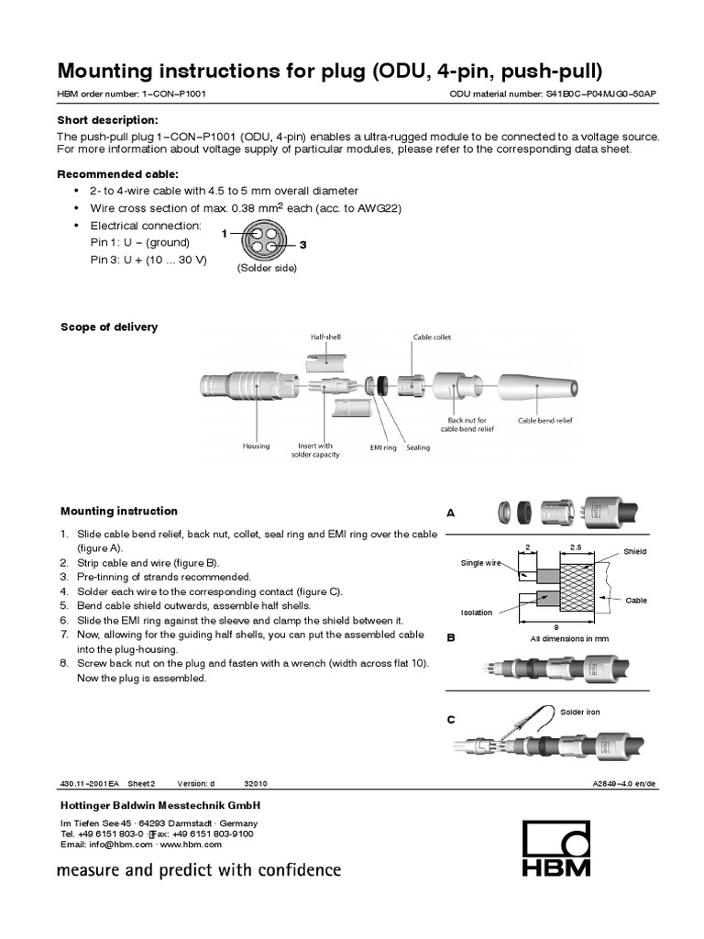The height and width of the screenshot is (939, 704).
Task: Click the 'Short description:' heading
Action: coord(108,120)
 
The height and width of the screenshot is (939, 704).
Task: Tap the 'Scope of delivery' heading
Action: coord(109,327)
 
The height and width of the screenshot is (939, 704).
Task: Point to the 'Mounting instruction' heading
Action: coord(119,511)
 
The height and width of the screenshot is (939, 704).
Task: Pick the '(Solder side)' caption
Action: coord(267,269)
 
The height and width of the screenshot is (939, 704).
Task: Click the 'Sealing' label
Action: coord(418,447)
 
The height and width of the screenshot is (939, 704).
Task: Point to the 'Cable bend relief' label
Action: coord(545,421)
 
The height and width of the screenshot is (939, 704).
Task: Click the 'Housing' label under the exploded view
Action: coord(256,447)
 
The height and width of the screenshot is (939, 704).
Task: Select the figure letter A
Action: coord(451,514)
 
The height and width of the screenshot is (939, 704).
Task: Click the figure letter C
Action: coord(451,721)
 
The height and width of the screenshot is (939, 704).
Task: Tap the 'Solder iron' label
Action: coord(581,712)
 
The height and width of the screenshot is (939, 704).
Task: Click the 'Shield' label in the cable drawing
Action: coord(635,552)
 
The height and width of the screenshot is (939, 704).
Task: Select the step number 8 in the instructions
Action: coord(64,662)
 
